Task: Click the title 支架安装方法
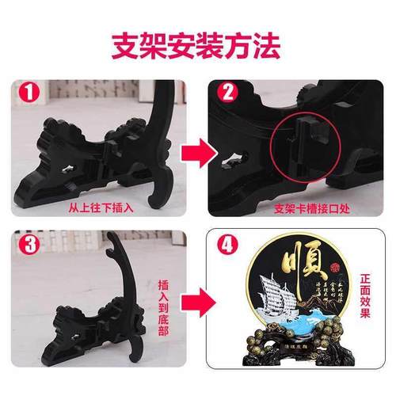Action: (198, 45)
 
